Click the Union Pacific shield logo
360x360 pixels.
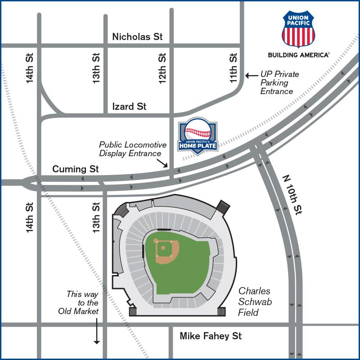click(x=299, y=30)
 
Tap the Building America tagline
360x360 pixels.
click(x=299, y=55)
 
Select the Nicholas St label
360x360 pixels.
click(x=137, y=37)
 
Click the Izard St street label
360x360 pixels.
click(x=129, y=107)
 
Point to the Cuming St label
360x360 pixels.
click(x=75, y=169)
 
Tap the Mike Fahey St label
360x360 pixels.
click(x=211, y=336)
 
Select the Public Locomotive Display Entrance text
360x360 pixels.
click(x=133, y=149)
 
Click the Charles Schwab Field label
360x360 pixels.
click(x=255, y=302)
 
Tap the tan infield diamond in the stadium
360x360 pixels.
click(x=166, y=251)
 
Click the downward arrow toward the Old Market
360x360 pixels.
click(x=96, y=331)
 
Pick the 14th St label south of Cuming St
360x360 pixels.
click(x=30, y=217)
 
